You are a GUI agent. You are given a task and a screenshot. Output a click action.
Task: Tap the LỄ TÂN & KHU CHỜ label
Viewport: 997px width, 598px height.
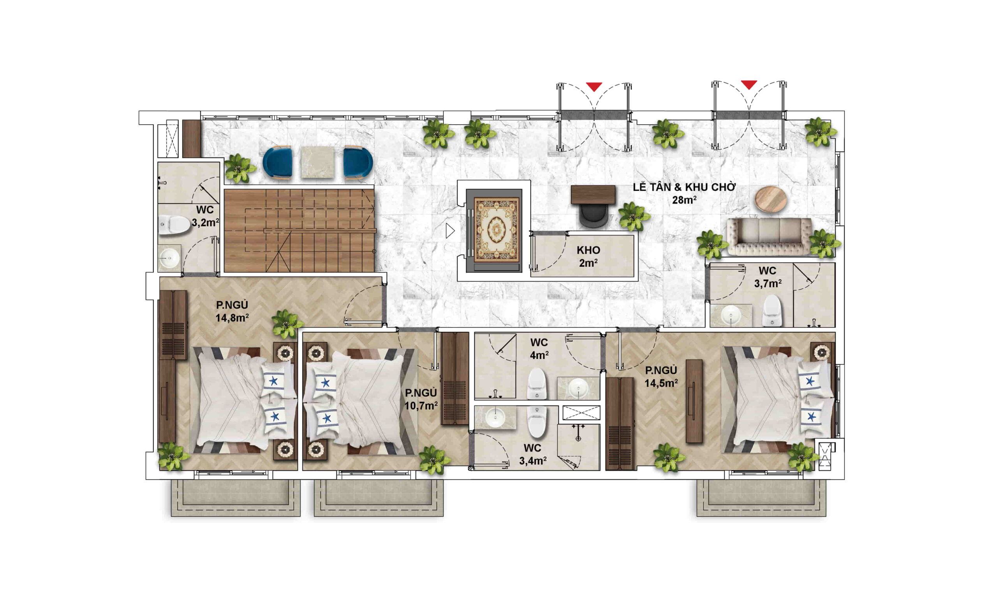click(x=684, y=187)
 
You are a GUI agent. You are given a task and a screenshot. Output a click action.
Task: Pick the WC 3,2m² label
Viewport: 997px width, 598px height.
click(x=205, y=216)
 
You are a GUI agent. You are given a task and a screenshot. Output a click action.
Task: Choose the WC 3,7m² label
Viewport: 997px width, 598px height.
click(x=768, y=277)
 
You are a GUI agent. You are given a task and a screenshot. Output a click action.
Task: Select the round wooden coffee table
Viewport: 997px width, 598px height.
click(x=770, y=199)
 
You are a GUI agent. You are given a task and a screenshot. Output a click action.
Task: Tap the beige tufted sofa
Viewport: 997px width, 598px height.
click(x=769, y=237)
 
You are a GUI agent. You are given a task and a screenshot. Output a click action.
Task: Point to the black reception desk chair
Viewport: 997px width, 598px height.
click(x=593, y=216)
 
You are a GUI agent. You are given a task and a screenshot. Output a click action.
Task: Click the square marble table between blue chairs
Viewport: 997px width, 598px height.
click(x=317, y=162)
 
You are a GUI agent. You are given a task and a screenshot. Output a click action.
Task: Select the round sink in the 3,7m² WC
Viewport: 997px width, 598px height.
click(x=731, y=314)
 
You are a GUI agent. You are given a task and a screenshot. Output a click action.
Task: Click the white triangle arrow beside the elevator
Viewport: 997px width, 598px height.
click(x=450, y=231)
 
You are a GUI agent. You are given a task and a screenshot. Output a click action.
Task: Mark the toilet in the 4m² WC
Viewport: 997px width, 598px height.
click(x=537, y=383)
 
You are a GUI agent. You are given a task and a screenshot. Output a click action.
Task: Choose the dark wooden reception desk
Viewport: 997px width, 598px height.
click(x=593, y=195)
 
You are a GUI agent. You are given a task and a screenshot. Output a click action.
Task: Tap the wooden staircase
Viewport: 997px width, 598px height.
click(x=299, y=230)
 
